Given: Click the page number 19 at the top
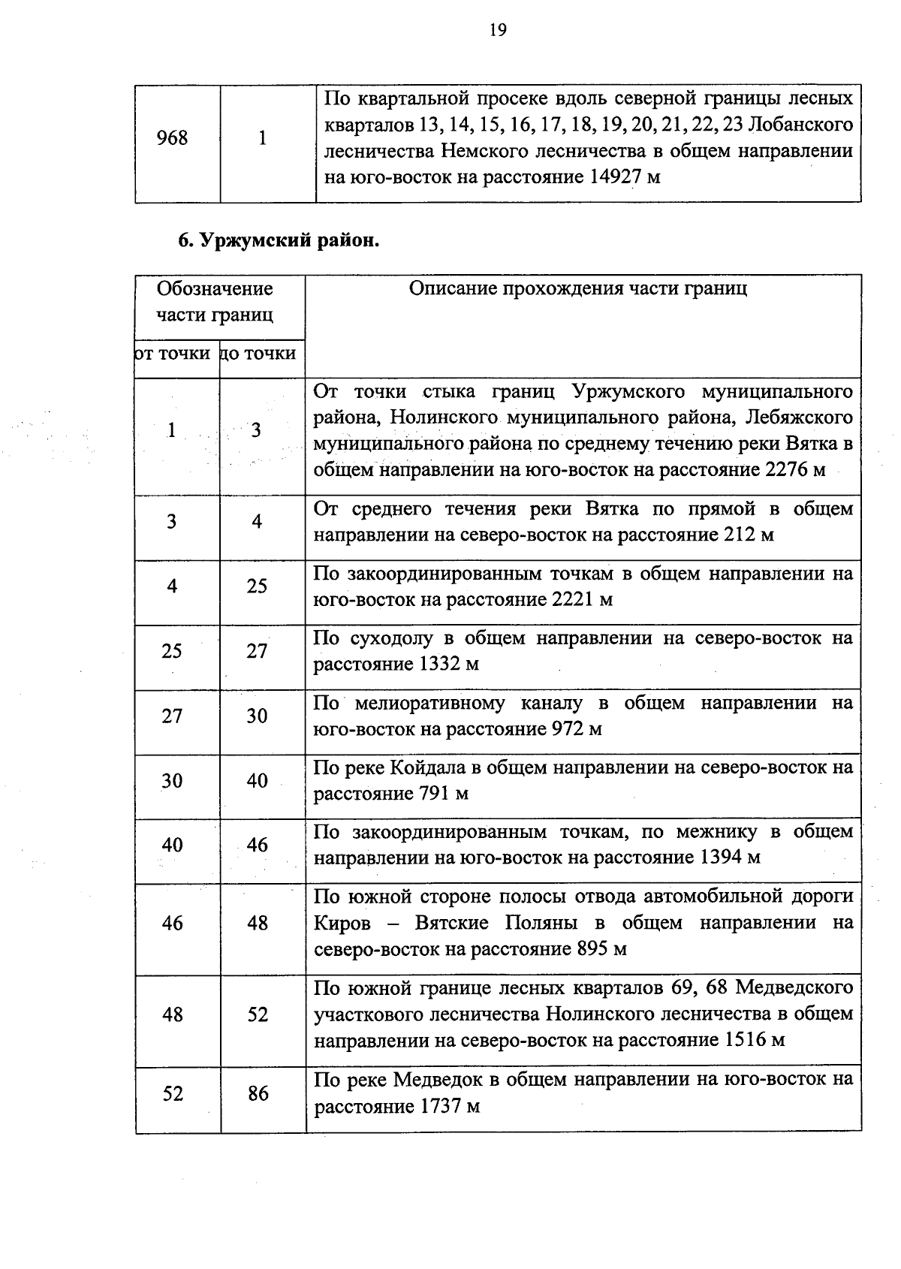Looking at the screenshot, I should (x=497, y=30).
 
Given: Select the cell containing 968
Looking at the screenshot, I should (x=172, y=139).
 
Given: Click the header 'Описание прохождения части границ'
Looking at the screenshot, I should (x=577, y=290).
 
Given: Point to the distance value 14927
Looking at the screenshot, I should (x=604, y=178).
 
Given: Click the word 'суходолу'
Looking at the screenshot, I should (x=391, y=638).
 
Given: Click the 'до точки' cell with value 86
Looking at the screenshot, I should (x=258, y=1093).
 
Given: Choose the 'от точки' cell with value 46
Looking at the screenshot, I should (x=172, y=923).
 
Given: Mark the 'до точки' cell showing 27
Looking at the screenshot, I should (x=257, y=651).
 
